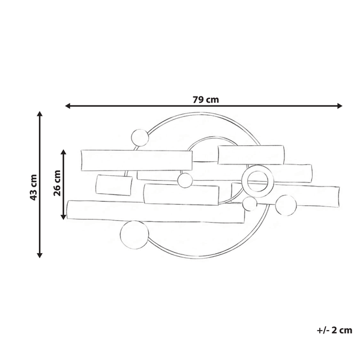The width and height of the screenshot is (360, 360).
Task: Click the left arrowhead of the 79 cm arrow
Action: tap(68, 106)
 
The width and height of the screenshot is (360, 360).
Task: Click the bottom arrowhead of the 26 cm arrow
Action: tap(64, 216)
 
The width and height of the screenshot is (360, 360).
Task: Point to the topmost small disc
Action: tap(139, 138)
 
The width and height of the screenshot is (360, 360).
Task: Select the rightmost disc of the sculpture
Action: tap(286, 205)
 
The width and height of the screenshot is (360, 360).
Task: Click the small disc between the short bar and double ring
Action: tap(185, 180)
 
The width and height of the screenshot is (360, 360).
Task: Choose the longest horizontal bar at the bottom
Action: tap(156, 212)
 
